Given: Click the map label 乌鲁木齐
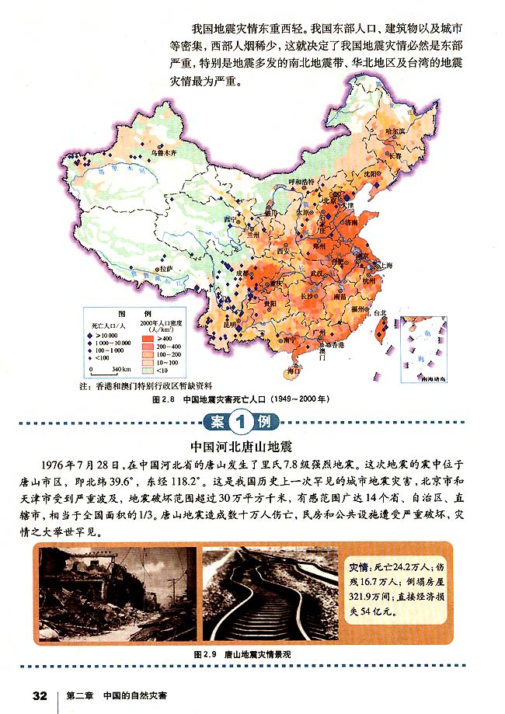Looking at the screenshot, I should point(165,153).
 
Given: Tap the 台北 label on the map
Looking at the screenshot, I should point(380,312).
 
